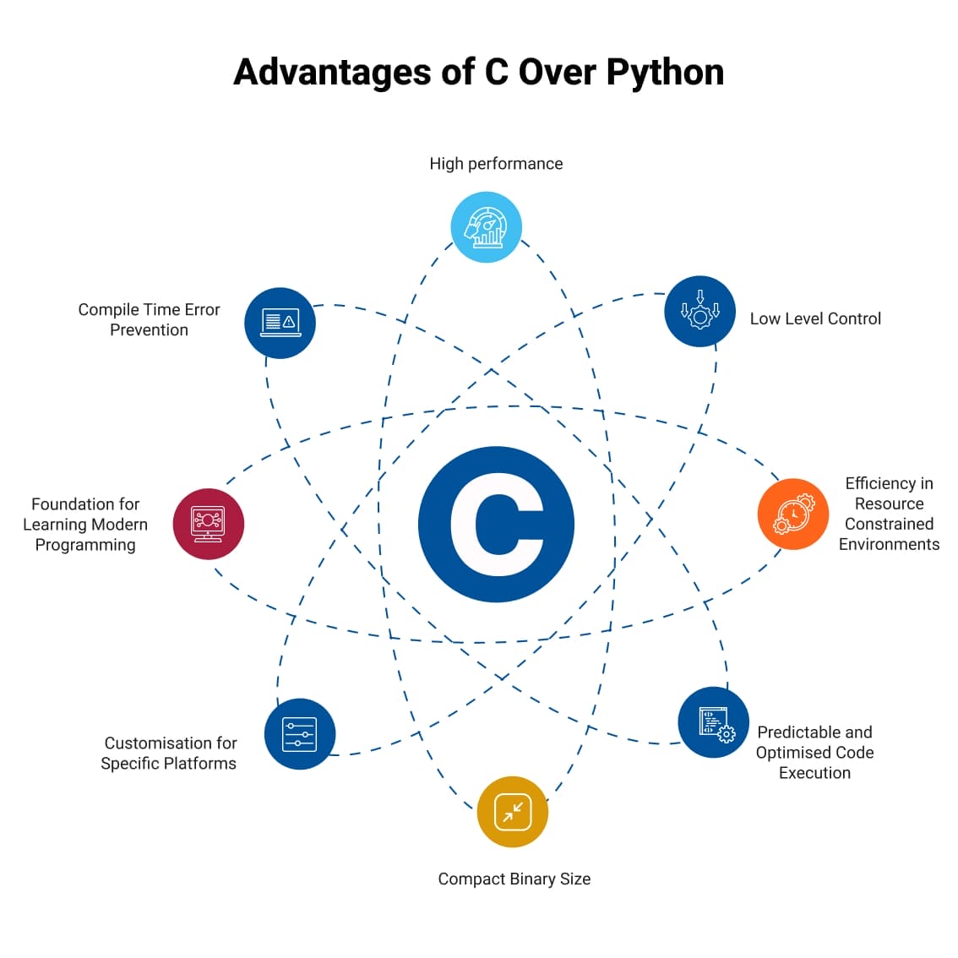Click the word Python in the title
(x=664, y=73)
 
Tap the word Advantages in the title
(x=332, y=73)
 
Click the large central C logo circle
(x=497, y=525)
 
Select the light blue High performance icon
(x=487, y=227)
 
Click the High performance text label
(x=496, y=164)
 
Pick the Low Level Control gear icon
(x=699, y=311)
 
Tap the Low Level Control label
(x=815, y=318)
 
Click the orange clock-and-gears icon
(x=792, y=514)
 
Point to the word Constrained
(x=889, y=524)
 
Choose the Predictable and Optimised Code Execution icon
(x=714, y=722)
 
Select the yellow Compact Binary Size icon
(x=513, y=812)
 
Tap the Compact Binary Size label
(x=514, y=879)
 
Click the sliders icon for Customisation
(x=300, y=734)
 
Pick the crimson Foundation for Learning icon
(x=209, y=524)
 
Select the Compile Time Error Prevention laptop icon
(x=280, y=323)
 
